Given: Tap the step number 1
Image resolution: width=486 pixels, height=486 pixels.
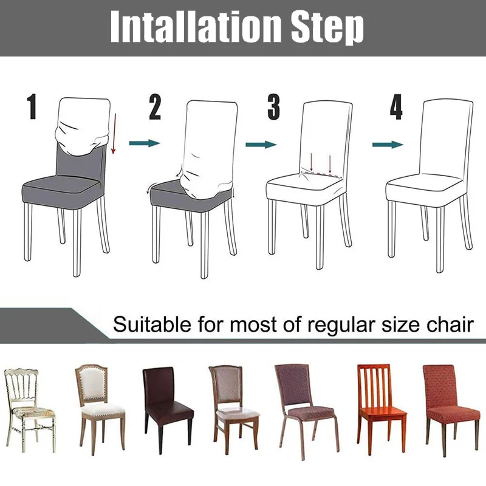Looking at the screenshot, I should [x=32, y=108].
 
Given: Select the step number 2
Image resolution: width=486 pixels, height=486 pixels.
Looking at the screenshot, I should [x=156, y=108].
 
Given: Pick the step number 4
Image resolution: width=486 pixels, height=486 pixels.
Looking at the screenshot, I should [x=396, y=108].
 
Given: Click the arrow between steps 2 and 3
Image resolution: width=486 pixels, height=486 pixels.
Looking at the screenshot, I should [x=261, y=144].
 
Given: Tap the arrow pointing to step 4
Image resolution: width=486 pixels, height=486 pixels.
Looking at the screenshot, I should [x=388, y=144].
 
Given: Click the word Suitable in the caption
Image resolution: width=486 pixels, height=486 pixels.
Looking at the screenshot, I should [x=152, y=324].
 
